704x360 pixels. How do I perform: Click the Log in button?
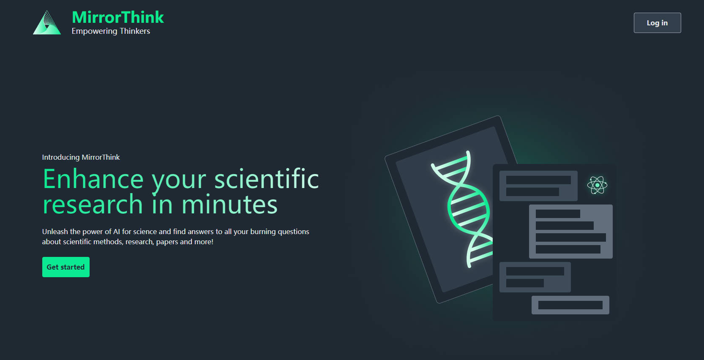657,23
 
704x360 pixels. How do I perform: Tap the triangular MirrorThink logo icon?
47,23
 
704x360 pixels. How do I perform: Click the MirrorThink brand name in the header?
117,17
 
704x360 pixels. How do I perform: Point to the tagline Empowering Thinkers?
111,31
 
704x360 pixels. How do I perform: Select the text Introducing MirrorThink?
81,157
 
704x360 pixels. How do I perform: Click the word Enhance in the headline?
93,179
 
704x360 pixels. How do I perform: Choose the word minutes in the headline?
229,204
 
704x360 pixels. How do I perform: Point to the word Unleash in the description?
55,232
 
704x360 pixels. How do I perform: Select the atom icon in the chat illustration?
597,185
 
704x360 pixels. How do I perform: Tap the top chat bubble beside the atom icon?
538,185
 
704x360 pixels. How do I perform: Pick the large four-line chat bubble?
571,232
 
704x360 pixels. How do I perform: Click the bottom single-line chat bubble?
570,305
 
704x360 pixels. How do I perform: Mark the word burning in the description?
263,232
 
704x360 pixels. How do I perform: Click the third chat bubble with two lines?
535,277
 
